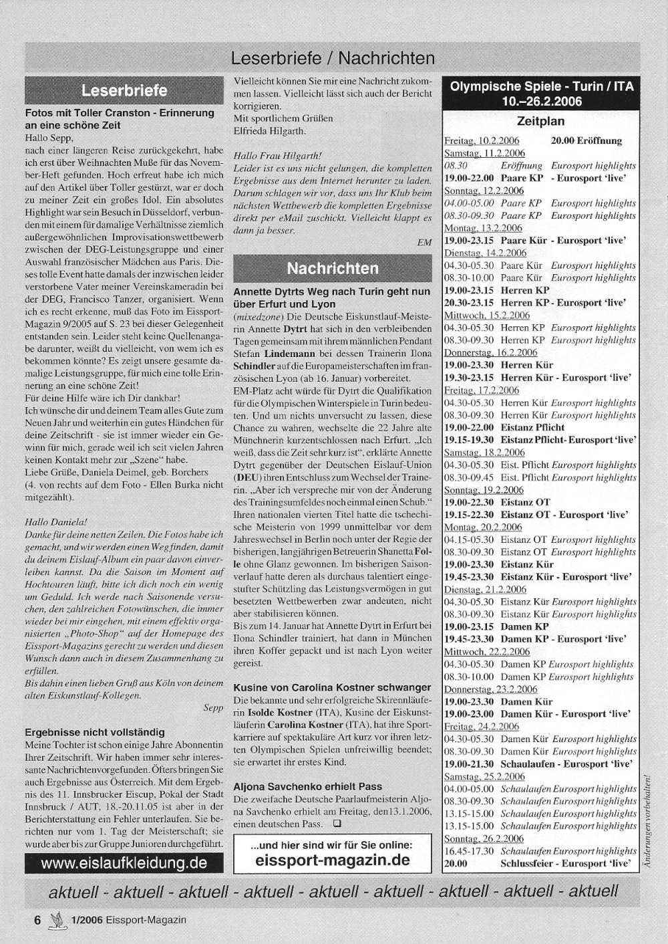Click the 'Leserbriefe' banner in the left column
(124, 90)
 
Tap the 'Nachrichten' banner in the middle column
(332, 269)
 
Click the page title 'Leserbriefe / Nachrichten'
(333, 59)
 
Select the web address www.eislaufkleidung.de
(124, 862)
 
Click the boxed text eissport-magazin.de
(333, 860)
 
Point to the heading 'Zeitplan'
(540, 122)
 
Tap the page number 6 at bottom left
(37, 920)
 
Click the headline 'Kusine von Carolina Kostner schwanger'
(332, 687)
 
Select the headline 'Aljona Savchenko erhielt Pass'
(308, 786)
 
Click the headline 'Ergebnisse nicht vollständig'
(94, 732)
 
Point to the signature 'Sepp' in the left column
(213, 707)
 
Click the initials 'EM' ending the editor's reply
(424, 243)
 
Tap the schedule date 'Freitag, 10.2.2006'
(482, 141)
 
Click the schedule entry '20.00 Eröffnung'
(586, 141)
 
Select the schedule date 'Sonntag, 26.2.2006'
(484, 838)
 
